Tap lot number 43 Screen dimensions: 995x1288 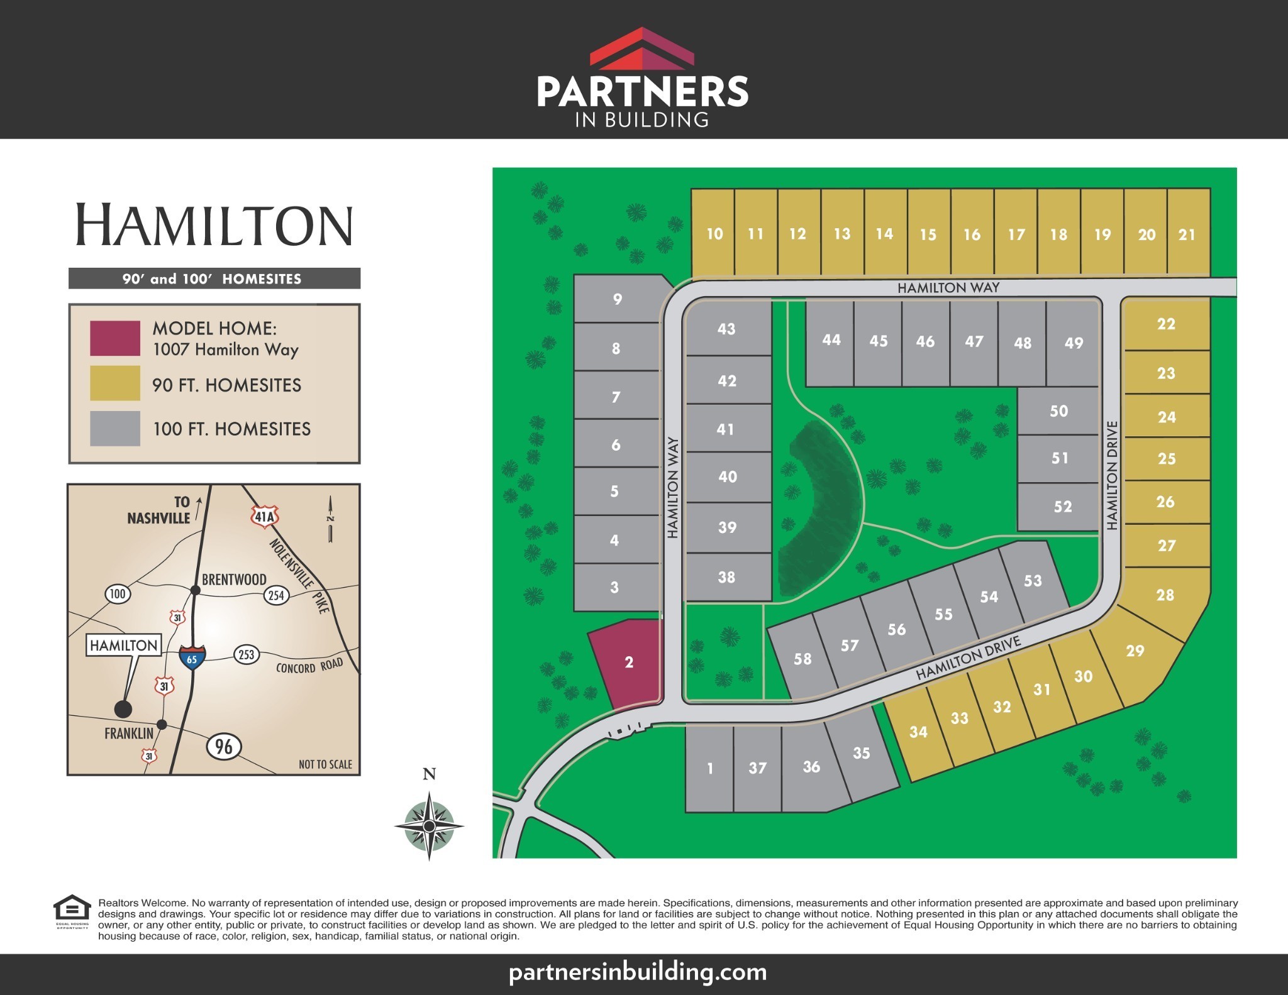[x=726, y=329]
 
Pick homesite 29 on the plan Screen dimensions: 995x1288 [x=1135, y=651]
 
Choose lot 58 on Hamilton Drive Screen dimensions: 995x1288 [x=802, y=659]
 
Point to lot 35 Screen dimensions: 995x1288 [x=861, y=753]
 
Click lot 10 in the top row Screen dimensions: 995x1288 [x=714, y=234]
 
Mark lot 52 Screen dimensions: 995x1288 [x=1062, y=507]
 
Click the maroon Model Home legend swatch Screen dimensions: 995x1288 [x=115, y=338]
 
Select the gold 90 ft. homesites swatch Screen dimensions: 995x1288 [x=115, y=383]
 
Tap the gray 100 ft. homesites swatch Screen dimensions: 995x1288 [x=115, y=428]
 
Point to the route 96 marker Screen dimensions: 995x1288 [x=224, y=746]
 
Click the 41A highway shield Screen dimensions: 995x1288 [x=264, y=517]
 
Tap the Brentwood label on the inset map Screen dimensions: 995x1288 [x=234, y=579]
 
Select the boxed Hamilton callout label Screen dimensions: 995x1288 [x=124, y=645]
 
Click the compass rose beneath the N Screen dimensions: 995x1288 [x=429, y=825]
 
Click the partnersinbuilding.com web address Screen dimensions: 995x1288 [x=638, y=972]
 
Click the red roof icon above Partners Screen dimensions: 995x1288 [x=641, y=48]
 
